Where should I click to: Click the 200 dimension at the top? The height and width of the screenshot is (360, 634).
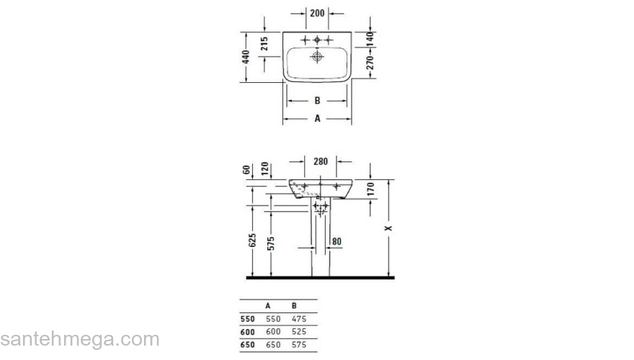pos(316,14)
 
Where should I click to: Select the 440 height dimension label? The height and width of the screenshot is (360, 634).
pos(246,57)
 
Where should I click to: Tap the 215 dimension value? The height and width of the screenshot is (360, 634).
pos(265,44)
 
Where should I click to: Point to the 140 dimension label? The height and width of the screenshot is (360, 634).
pos(370,37)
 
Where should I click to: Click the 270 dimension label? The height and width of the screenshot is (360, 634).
pos(370,63)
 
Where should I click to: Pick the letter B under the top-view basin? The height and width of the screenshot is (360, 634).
pos(317,102)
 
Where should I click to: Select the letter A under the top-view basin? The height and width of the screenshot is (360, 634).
pos(317,119)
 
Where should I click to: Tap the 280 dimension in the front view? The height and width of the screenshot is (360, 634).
pos(321,161)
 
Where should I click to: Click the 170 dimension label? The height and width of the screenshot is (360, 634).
pos(370,190)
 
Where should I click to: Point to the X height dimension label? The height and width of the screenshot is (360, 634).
pos(389,228)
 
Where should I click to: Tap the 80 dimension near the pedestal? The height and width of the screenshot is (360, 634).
pos(336,242)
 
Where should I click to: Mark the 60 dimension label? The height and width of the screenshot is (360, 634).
pos(246,170)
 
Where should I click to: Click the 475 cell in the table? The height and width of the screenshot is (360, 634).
pos(299,318)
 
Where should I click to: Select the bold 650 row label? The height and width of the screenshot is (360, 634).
pos(247,346)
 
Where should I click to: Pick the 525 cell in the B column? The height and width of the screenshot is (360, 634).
pos(299,332)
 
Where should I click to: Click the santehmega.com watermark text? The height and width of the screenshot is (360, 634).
pos(79,339)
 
